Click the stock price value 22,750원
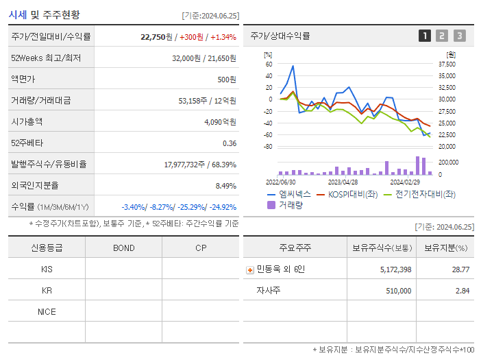(x=158, y=37)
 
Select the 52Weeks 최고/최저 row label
(x=46, y=58)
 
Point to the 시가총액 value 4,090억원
(x=220, y=122)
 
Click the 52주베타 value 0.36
(x=230, y=143)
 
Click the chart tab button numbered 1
(x=425, y=36)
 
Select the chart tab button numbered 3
(x=459, y=36)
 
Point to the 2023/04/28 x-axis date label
(x=343, y=182)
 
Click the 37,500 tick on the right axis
(x=446, y=64)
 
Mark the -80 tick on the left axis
(x=268, y=147)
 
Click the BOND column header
(x=123, y=248)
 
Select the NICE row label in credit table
(x=47, y=312)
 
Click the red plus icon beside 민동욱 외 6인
(x=249, y=269)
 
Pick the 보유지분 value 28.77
(x=461, y=269)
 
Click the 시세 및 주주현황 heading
(x=45, y=14)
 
